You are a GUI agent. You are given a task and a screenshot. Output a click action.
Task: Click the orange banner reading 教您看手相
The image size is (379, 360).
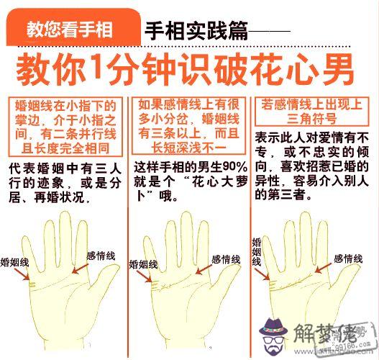click(73, 27)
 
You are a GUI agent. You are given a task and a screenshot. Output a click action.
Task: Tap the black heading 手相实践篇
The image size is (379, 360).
click(196, 31)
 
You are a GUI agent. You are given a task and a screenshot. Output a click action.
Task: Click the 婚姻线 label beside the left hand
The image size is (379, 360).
click(14, 262)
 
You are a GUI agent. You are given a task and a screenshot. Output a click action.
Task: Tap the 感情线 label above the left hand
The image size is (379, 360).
click(101, 256)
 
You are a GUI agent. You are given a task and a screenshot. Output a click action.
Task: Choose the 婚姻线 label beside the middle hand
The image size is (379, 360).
click(143, 264)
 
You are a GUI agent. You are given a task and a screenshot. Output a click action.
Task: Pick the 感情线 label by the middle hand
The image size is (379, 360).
click(226, 260)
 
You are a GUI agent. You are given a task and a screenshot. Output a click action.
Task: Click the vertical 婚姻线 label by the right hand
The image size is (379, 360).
click(257, 252)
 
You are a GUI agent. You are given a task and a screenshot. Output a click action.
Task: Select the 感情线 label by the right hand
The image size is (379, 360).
click(348, 259)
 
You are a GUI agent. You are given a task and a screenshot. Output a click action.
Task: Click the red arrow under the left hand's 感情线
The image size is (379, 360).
click(81, 269)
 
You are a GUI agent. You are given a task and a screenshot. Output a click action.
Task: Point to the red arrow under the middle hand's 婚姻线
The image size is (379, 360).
click(145, 276)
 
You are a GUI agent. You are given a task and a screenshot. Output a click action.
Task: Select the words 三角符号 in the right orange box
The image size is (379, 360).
click(312, 119)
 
